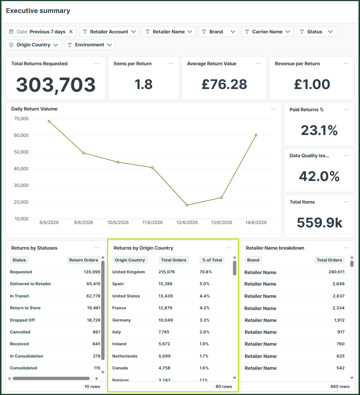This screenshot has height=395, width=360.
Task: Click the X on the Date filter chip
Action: click(71, 32)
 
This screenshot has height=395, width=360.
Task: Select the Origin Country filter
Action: click(33, 45)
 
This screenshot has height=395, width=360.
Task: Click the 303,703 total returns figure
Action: click(56, 85)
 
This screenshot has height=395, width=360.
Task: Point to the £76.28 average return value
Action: click(224, 84)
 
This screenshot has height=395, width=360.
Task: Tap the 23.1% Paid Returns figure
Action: click(319, 130)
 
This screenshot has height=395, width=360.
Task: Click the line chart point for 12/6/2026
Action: click(187, 205)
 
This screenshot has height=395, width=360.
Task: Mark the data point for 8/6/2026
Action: click(49, 121)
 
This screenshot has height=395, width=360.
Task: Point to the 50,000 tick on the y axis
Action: click(21, 152)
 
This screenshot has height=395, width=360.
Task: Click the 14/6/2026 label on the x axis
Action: click(256, 223)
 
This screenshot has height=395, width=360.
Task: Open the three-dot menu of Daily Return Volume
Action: click(273, 109)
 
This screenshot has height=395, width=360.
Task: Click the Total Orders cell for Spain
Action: click(165, 284)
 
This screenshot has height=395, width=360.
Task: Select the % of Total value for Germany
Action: click(204, 320)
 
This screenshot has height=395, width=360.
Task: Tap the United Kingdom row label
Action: click(129, 272)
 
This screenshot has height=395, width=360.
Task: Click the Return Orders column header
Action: click(83, 260)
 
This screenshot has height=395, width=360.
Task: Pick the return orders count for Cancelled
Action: click(96, 332)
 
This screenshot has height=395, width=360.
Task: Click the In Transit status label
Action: click(19, 296)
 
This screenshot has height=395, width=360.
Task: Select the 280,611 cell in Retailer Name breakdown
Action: click(336, 272)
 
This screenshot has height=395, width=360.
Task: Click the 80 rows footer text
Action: click(224, 386)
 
